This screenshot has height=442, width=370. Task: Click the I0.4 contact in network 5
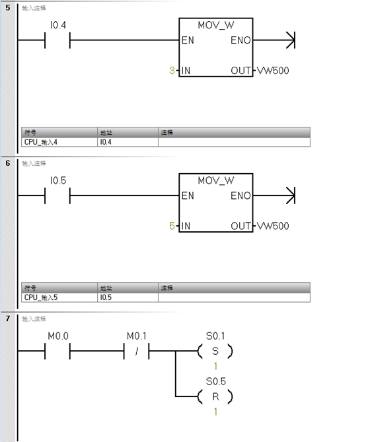coord(57,40)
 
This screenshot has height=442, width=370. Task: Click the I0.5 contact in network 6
coord(57,196)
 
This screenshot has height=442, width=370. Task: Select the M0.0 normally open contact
coord(57,351)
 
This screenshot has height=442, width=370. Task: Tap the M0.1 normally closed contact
coord(137,351)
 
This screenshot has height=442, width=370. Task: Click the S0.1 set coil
coord(215,351)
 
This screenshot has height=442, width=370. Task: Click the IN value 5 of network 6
coord(172,226)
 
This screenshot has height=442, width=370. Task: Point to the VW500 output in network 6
coord(272,226)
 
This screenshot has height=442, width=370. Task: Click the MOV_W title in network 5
coord(215,25)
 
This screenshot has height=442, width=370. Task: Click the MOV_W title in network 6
coord(215,180)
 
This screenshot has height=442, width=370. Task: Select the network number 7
coord(7,318)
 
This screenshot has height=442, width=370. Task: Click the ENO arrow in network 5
coord(289,40)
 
